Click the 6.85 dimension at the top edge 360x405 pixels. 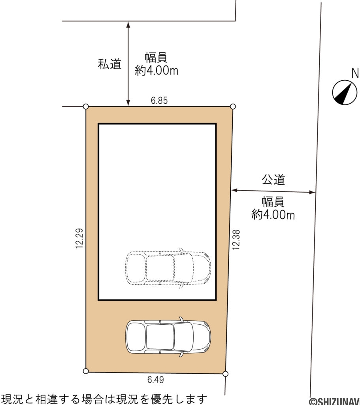[159, 100]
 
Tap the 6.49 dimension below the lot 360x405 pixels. [155, 380]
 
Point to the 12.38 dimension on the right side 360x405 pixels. [236, 240]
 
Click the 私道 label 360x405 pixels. [109, 64]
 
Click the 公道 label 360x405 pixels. [273, 180]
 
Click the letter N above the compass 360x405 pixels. [355, 73]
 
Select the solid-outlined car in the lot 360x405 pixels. [168, 337]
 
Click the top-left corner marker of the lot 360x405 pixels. [86, 106]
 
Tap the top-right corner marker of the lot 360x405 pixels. [233, 106]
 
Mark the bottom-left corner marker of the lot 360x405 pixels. [86, 371]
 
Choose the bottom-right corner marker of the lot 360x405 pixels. [225, 374]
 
